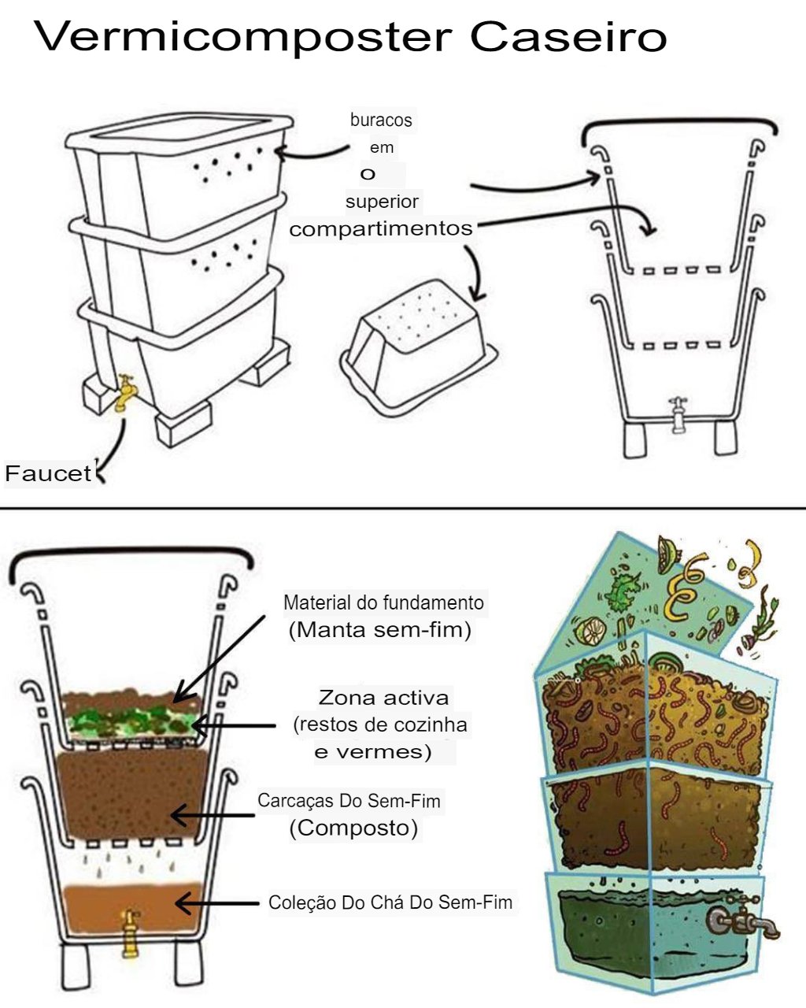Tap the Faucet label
48,473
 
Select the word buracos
381,120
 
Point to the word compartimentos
381,228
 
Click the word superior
382,202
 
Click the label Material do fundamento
383,603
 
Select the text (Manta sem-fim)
380,630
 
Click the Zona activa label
383,697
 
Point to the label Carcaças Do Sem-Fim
349,802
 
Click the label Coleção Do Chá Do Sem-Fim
390,902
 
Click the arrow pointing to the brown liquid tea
217,903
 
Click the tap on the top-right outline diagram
678,414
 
